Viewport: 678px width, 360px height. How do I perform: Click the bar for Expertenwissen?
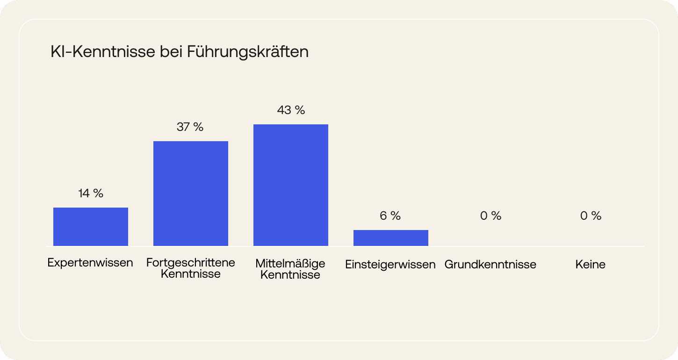pyautogui.click(x=91, y=227)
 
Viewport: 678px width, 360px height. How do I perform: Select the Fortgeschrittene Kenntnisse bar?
pyautogui.click(x=191, y=194)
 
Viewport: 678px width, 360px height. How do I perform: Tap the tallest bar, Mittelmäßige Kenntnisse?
pyautogui.click(x=291, y=185)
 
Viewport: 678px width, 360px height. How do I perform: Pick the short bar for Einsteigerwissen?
pyautogui.click(x=391, y=238)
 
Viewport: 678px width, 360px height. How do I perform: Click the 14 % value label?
pyautogui.click(x=91, y=193)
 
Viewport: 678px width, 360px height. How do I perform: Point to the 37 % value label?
pyautogui.click(x=190, y=127)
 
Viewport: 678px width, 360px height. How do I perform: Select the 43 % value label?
pyautogui.click(x=291, y=110)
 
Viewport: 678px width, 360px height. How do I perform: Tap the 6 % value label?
pyautogui.click(x=390, y=216)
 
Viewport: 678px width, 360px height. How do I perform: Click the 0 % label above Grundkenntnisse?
pyautogui.click(x=490, y=216)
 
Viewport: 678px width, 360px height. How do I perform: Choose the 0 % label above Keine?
pyautogui.click(x=591, y=216)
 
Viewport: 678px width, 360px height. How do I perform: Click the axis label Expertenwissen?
pyautogui.click(x=90, y=263)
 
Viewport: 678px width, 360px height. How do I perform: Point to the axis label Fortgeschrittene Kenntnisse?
pyautogui.click(x=191, y=268)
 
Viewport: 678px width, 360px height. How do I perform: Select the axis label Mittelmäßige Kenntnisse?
pyautogui.click(x=290, y=269)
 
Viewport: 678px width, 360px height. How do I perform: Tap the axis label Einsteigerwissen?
pyautogui.click(x=390, y=265)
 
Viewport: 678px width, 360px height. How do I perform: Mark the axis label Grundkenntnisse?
pyautogui.click(x=490, y=265)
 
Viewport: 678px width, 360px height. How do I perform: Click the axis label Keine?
pyautogui.click(x=591, y=265)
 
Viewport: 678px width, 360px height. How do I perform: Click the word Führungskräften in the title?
pyautogui.click(x=248, y=52)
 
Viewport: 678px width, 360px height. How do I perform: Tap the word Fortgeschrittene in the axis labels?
pyautogui.click(x=191, y=262)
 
